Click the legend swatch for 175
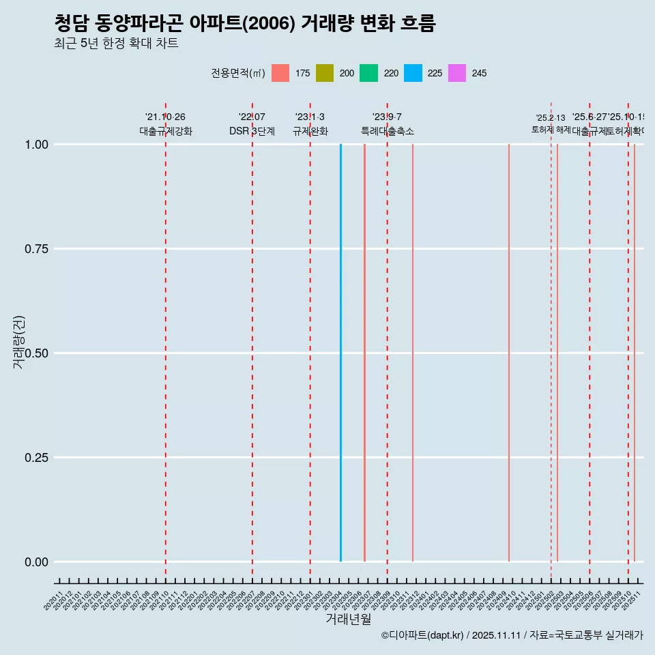coord(280,73)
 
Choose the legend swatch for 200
coord(325,73)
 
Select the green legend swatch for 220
coord(368,73)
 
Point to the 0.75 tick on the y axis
coord(36,249)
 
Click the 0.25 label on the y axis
coord(36,458)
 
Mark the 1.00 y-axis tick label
coord(36,145)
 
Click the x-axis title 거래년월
coord(349,619)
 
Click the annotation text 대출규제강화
coord(166,131)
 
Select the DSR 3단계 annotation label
coord(252,131)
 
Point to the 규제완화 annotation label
coord(310,131)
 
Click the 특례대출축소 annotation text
coord(388,131)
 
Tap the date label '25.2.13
coord(551,118)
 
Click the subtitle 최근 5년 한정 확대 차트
coord(116,44)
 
